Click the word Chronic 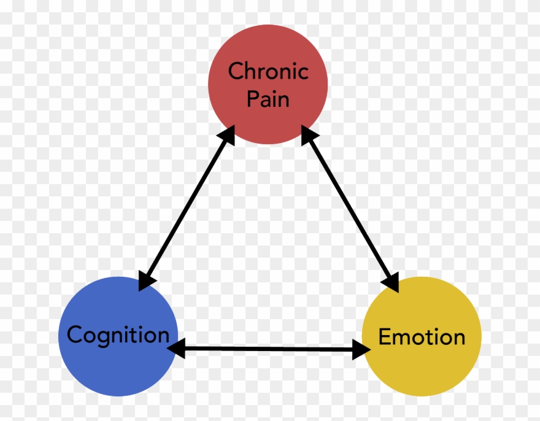pos(268,72)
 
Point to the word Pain pos(268,98)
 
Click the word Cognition pos(118,335)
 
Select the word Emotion pos(422,337)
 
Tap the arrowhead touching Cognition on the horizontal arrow pos(176,349)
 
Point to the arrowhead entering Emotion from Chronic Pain pos(390,282)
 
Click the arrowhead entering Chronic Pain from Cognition pos(227,134)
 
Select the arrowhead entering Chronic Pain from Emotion pos(309,134)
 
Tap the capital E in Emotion pos(385,337)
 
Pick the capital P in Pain pos(252,98)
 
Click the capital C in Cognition pos(74,335)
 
